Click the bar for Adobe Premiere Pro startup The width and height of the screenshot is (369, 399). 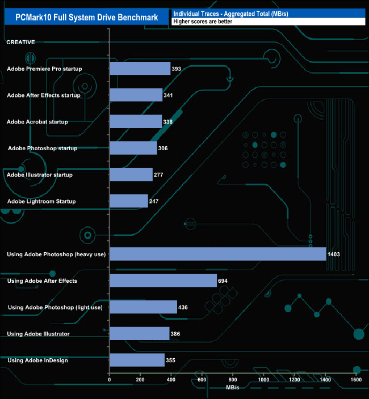140,69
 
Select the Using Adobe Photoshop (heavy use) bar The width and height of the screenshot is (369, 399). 217,254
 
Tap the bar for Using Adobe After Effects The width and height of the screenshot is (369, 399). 163,281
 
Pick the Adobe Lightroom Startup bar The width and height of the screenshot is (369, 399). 128,201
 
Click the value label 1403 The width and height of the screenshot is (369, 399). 333,254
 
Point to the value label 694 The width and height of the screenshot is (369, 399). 224,281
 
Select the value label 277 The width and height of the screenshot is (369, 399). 158,175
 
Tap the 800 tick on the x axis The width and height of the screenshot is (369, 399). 233,380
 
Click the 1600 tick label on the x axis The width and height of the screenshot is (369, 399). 356,380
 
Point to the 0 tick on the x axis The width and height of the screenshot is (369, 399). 110,380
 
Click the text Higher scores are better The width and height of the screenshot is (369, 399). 203,22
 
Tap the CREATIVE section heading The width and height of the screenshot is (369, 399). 20,42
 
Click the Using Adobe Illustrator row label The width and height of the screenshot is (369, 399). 39,334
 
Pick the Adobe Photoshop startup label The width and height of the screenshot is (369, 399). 43,148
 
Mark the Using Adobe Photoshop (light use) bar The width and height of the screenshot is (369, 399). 143,307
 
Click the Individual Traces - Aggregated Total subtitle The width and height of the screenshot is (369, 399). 230,13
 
